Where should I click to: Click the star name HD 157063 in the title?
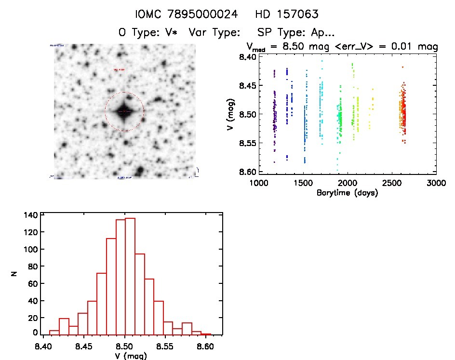point(287,14)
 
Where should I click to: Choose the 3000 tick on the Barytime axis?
point(436,183)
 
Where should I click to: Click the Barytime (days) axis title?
point(347,193)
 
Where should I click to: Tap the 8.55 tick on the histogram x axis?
point(166,346)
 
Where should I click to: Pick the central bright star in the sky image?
point(124,111)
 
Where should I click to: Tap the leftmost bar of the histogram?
point(54,332)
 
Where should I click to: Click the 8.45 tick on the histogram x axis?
point(84,346)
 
